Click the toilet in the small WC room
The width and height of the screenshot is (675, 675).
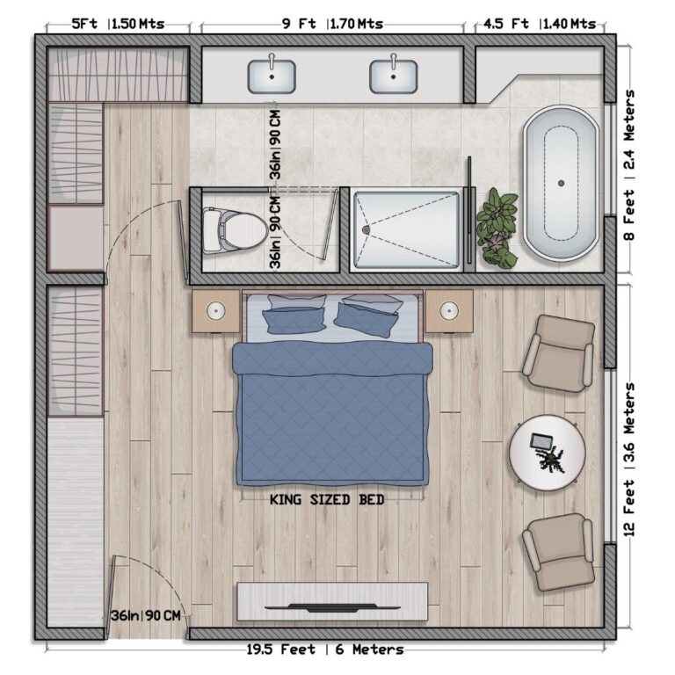pos(233,229)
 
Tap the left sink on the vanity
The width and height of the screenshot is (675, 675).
pos(272,76)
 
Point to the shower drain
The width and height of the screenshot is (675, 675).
pos(366,230)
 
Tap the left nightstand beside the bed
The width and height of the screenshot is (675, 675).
pos(216,311)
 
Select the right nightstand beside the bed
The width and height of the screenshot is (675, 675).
pos(448,311)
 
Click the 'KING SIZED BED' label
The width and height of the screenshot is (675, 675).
pos(327,500)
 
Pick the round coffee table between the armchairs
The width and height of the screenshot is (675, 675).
pos(547,453)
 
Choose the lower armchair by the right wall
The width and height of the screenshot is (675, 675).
pos(558,552)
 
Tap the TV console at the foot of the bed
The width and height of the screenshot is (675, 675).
pos(332,601)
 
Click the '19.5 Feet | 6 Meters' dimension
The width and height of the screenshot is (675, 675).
pos(325,650)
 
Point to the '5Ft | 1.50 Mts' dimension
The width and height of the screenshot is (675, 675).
pos(118,24)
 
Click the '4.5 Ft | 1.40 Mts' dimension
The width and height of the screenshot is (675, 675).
pos(534,24)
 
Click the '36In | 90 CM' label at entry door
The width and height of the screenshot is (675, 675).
pos(146,615)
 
